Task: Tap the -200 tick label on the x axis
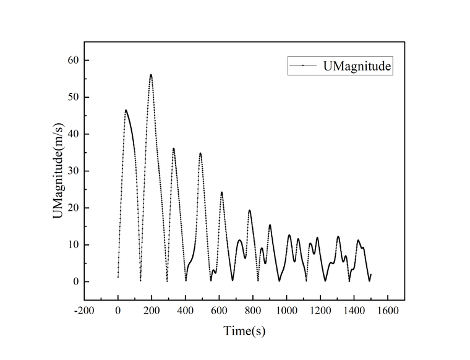click(x=83, y=311)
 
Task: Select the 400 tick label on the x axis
click(x=186, y=311)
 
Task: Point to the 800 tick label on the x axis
click(x=253, y=311)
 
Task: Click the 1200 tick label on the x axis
click(x=320, y=311)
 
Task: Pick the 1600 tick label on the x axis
click(x=388, y=311)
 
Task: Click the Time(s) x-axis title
click(x=244, y=331)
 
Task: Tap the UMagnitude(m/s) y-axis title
click(x=57, y=171)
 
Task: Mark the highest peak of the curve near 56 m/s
click(x=151, y=75)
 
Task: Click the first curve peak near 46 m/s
click(x=126, y=110)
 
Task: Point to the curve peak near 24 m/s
click(x=221, y=192)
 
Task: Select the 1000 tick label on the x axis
click(x=286, y=311)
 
